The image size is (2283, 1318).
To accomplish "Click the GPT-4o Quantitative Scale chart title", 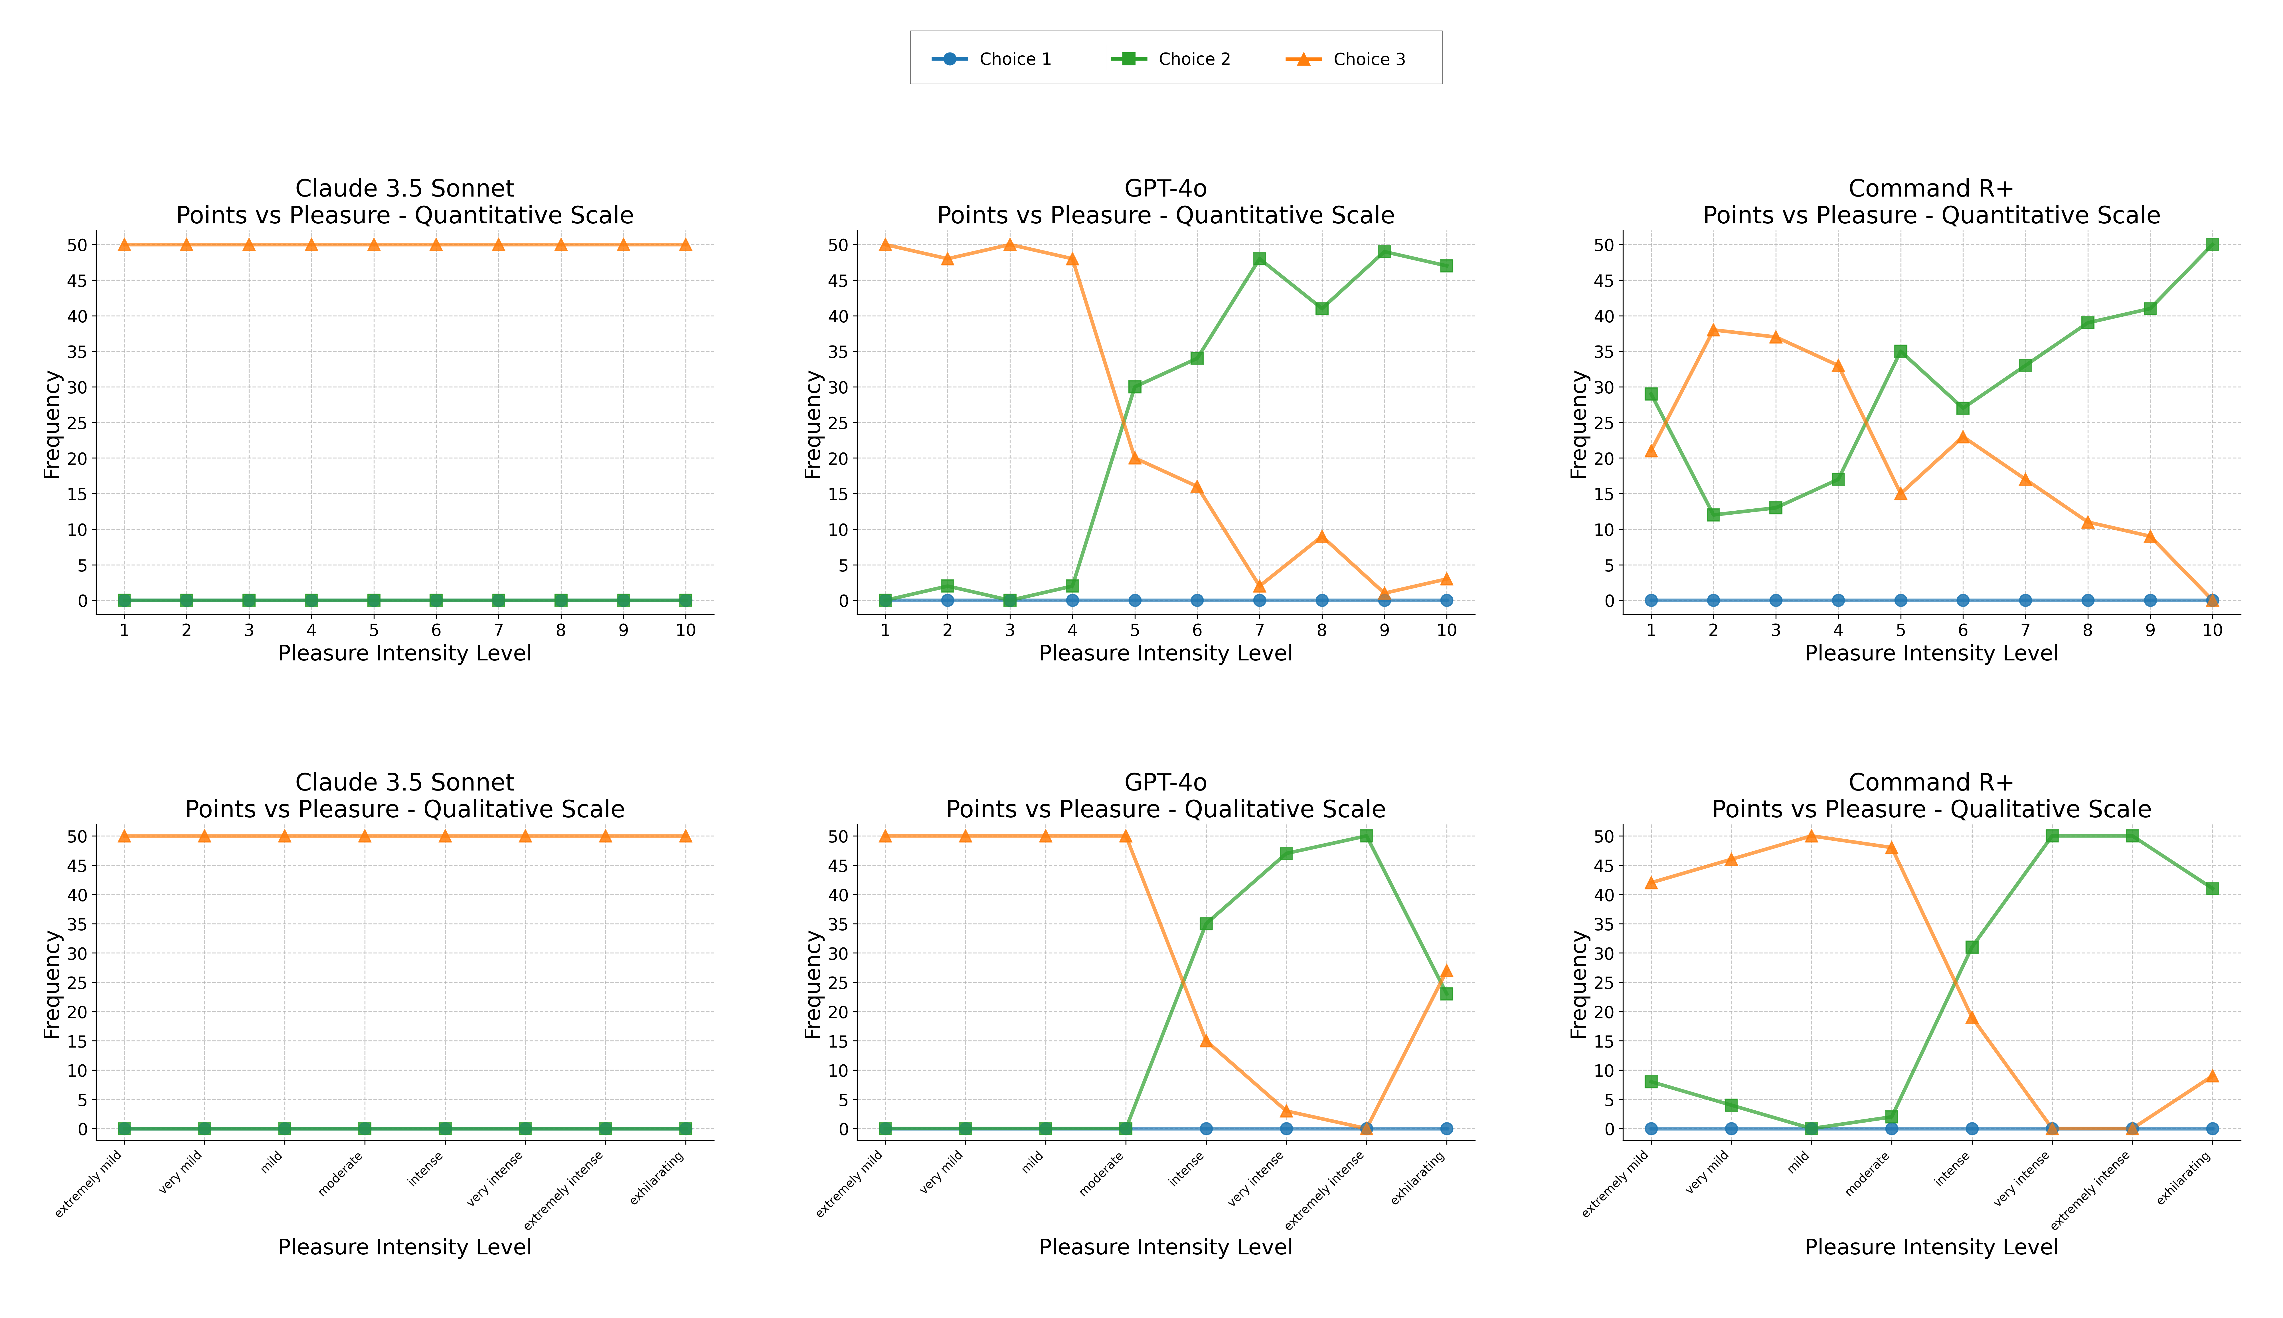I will pos(1165,202).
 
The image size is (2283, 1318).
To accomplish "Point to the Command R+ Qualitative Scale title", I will pos(1931,796).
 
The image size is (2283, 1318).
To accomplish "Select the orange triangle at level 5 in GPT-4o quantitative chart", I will pos(1135,458).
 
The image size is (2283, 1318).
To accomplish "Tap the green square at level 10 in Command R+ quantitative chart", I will pos(2211,244).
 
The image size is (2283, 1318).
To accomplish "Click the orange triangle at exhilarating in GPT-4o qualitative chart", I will pos(1446,971).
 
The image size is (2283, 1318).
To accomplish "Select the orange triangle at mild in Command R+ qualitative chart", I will pos(1811,836).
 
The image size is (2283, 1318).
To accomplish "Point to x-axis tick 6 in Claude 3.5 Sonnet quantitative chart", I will pos(435,630).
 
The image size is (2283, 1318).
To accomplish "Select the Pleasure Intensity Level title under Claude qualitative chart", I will pos(404,1247).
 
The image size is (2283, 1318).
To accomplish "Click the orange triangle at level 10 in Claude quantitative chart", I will pos(685,244).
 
